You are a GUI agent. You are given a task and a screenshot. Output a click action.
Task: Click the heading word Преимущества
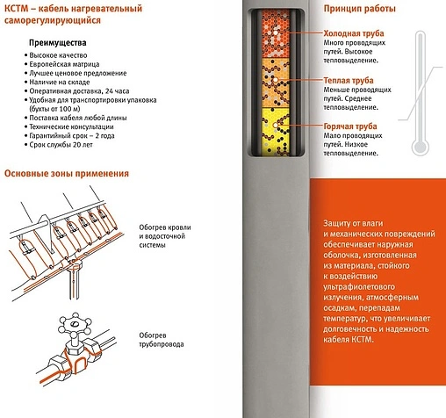tap(57, 43)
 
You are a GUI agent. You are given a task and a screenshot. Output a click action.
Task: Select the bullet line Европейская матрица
tap(64, 64)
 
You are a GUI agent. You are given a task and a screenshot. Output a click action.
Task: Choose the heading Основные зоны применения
tap(67, 173)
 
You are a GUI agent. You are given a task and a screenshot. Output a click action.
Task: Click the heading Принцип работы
tap(359, 9)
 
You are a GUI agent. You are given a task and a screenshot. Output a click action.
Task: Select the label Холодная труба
tap(354, 33)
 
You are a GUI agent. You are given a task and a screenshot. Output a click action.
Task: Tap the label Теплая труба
tap(349, 81)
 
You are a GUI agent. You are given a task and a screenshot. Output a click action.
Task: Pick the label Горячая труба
tap(350, 126)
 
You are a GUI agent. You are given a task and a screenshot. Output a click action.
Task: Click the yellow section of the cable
tap(275, 131)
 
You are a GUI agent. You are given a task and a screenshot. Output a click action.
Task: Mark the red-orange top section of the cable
tap(275, 33)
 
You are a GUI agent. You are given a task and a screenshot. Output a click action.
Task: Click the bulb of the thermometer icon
tap(421, 146)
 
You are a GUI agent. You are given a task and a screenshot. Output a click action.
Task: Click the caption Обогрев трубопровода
tap(162, 340)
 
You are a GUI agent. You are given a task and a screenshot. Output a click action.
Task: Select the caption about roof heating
tap(165, 236)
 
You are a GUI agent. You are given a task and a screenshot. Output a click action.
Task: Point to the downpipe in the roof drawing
tap(75, 283)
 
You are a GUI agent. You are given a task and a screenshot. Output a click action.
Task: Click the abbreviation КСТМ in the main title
tap(17, 8)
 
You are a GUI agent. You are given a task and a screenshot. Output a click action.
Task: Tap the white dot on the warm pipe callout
tap(276, 80)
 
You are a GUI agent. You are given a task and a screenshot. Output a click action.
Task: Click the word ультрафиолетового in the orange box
tap(359, 287)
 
